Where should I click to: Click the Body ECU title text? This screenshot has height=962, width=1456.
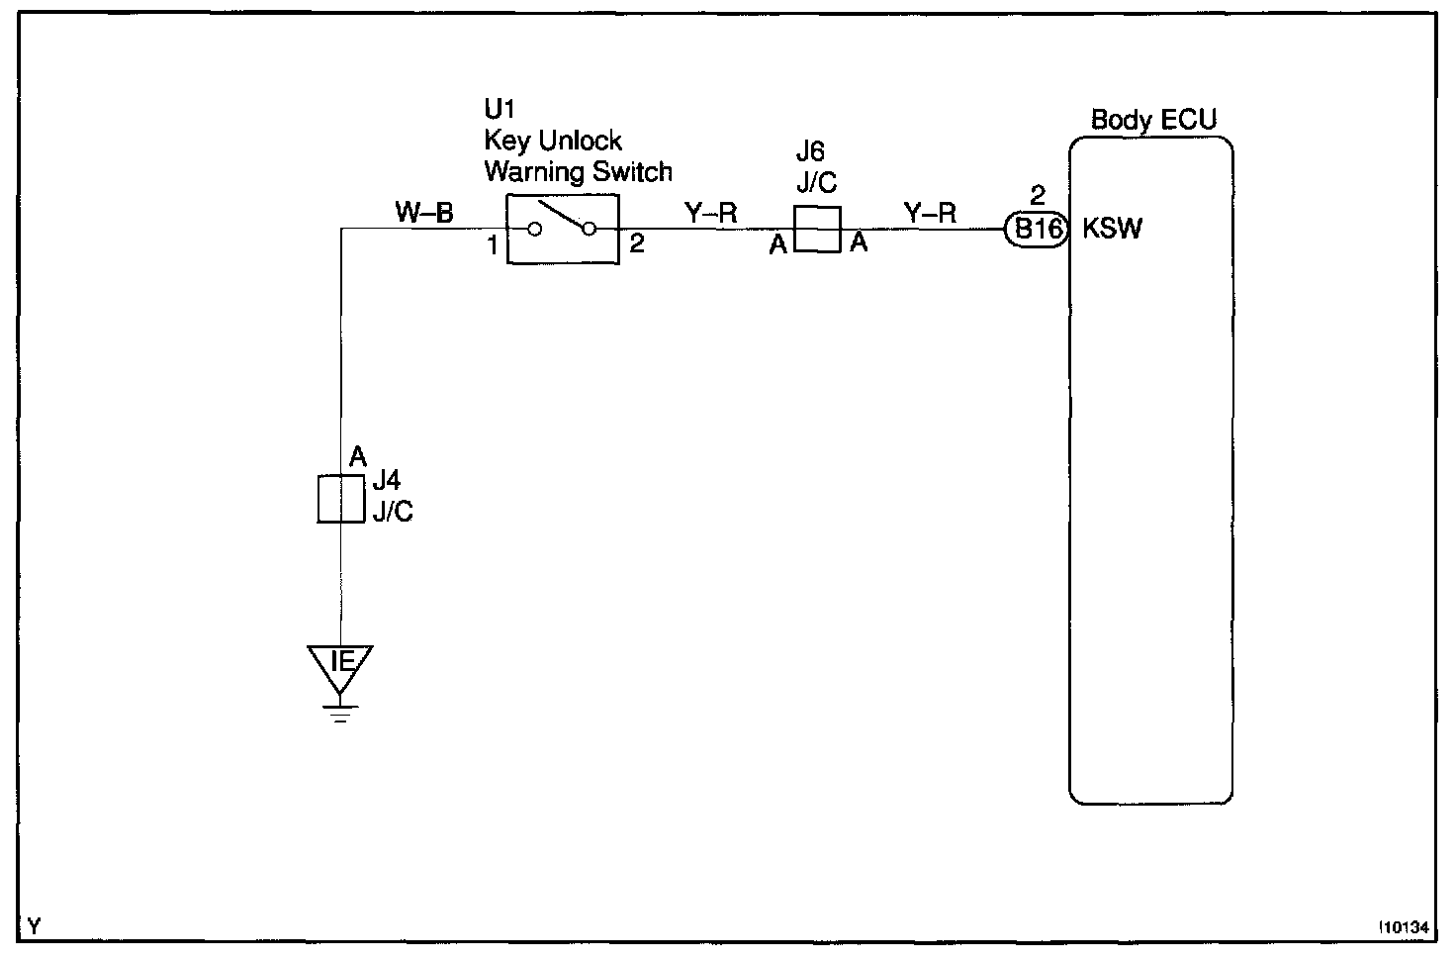click(1153, 121)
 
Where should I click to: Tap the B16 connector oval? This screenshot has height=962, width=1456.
click(1036, 230)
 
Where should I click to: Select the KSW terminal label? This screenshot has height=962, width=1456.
click(1112, 229)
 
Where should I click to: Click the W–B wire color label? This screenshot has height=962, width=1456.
click(423, 212)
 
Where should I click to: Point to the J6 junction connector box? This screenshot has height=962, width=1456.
click(817, 229)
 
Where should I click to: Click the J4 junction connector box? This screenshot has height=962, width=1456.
click(340, 499)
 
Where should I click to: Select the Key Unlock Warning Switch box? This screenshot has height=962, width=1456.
click(563, 229)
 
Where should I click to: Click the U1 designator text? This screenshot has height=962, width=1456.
click(500, 109)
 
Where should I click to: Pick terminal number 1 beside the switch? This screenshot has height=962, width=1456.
click(493, 245)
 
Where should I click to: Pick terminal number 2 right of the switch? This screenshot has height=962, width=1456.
click(636, 243)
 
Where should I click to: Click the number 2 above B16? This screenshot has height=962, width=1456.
click(1038, 195)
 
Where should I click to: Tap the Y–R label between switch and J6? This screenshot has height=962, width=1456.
click(710, 213)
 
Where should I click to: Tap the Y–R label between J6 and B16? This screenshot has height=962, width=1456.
click(930, 213)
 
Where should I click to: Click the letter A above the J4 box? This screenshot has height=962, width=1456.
click(358, 456)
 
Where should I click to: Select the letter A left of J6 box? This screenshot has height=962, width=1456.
click(778, 244)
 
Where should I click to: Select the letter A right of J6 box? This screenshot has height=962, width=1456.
click(859, 241)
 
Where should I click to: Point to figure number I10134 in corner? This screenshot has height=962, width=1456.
click(1405, 927)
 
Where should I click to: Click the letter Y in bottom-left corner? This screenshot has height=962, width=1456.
click(35, 926)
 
